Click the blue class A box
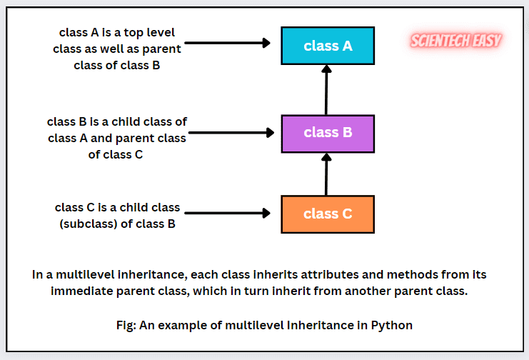coord(328,46)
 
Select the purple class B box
coord(328,132)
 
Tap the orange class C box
coord(328,214)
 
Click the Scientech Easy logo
coord(456,41)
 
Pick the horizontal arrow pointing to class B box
coord(232,132)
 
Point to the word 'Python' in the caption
coord(391,324)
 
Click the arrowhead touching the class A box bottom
coord(327,69)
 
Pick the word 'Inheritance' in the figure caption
coord(324,324)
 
